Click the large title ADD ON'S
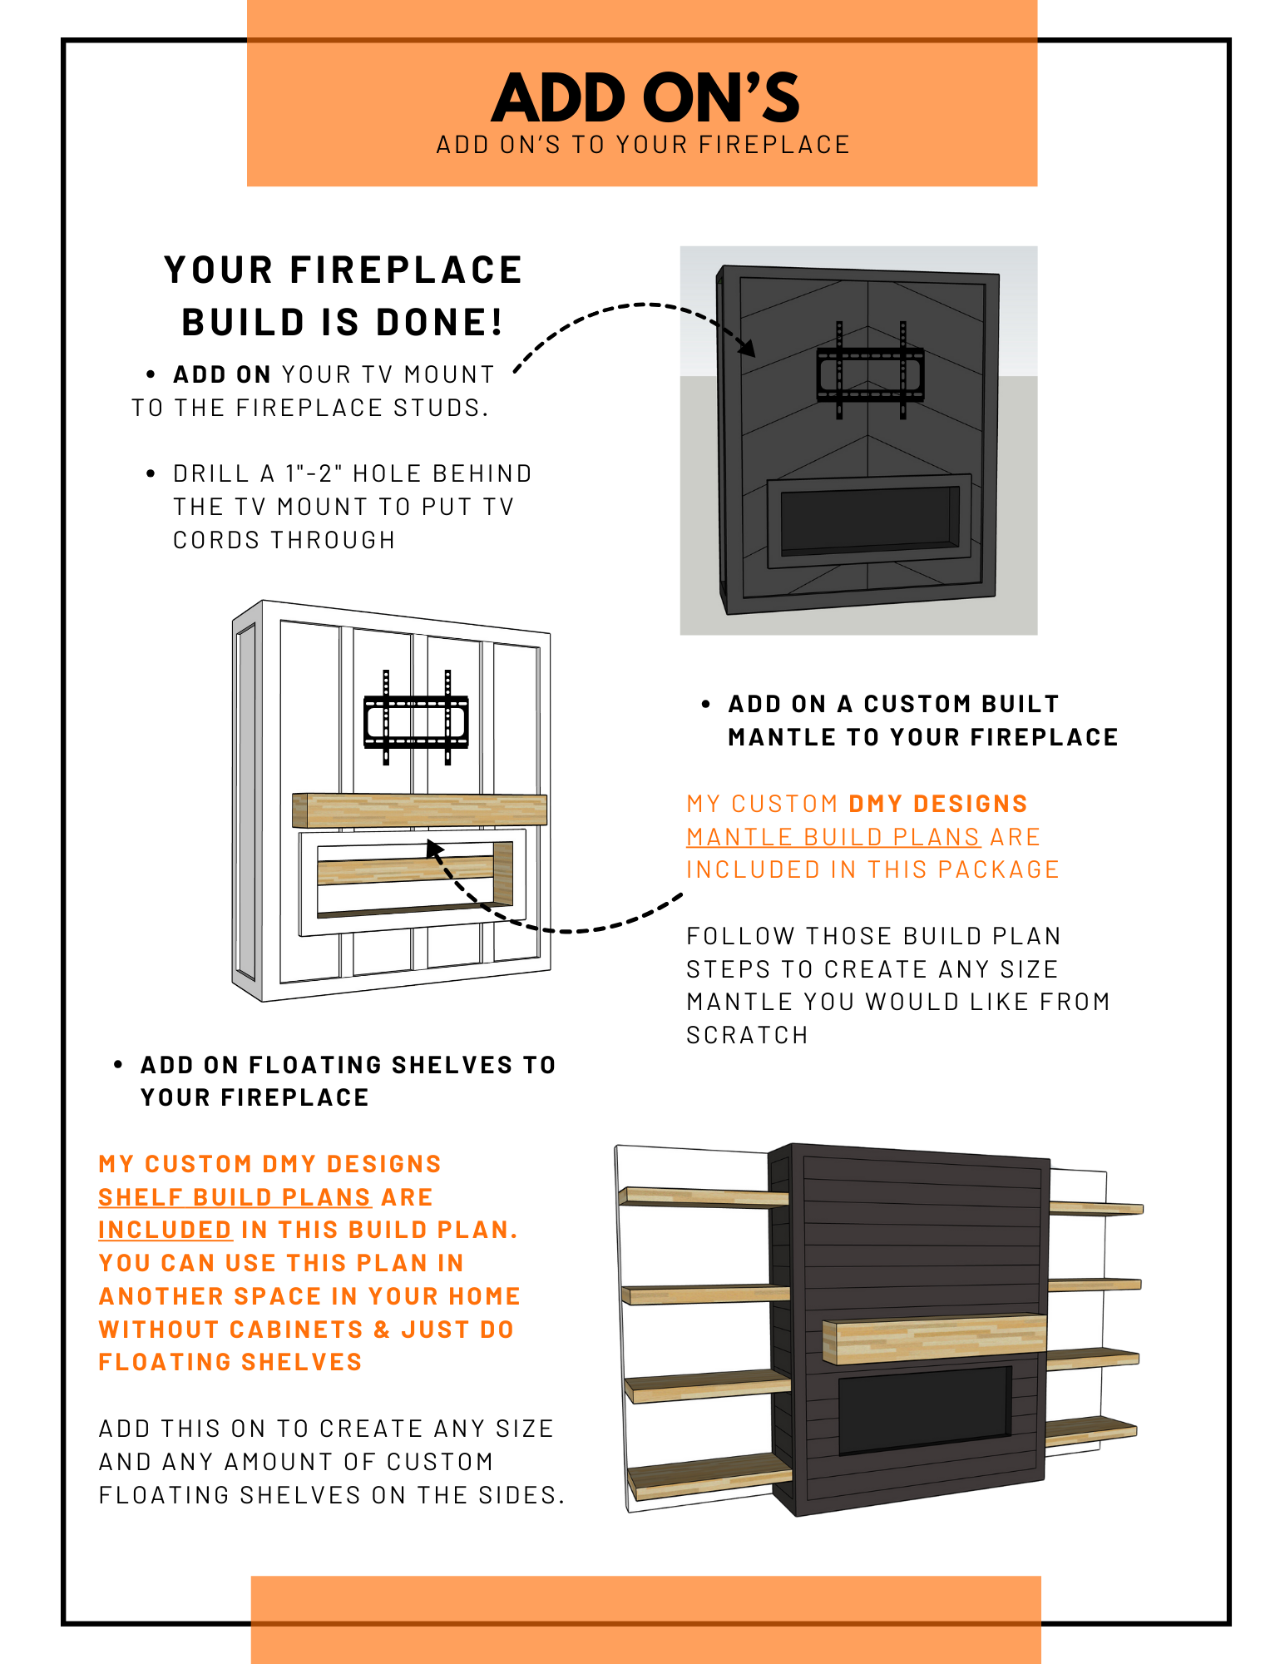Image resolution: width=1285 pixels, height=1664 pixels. (645, 97)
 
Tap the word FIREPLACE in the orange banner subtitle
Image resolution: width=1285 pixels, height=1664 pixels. (774, 145)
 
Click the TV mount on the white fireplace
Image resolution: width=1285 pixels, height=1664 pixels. (417, 717)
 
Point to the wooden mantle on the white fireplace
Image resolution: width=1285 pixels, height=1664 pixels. (419, 810)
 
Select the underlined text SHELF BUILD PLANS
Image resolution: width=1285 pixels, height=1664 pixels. (235, 1197)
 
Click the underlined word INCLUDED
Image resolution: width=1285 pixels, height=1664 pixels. (165, 1230)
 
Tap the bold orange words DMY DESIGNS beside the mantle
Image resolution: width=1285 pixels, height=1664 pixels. (938, 804)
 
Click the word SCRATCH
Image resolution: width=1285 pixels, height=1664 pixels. (747, 1035)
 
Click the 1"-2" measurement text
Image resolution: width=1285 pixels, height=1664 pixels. (314, 473)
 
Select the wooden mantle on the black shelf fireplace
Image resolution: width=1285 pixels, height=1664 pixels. (934, 1339)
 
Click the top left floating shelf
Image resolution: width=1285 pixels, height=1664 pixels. (704, 1196)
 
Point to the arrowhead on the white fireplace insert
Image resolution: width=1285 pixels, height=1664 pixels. (435, 849)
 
